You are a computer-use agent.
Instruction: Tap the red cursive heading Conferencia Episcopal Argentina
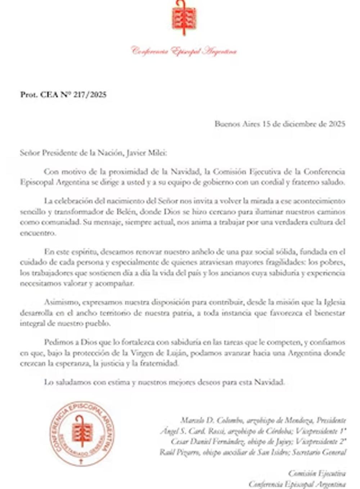(184, 51)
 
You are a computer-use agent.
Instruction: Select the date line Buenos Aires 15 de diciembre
(280, 124)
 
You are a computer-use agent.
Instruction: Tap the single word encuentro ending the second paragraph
(38, 233)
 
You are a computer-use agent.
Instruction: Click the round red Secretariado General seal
(82, 434)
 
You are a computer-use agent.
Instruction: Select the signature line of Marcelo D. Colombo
(263, 420)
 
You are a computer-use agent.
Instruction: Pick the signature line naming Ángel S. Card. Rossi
(253, 431)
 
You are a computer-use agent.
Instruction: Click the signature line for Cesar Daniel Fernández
(258, 441)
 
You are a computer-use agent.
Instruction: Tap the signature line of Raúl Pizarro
(253, 452)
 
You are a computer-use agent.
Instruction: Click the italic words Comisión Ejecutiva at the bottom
(317, 474)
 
